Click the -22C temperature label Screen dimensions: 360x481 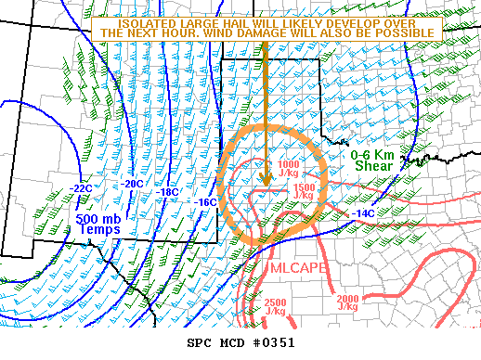click(81, 188)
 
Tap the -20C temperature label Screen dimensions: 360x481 click(134, 184)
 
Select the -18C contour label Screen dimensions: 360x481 click(169, 192)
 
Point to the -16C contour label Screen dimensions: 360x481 click(205, 201)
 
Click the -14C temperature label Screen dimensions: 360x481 click(364, 213)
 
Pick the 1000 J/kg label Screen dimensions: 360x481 click(289, 169)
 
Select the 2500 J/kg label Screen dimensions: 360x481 click(275, 306)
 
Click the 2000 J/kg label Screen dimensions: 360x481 click(348, 302)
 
